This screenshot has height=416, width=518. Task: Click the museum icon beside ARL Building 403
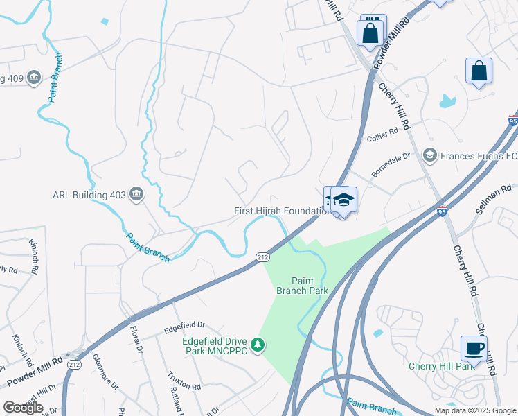[136, 194]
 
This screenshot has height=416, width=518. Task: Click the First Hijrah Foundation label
[279, 211]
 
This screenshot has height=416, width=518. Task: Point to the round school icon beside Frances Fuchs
[429, 155]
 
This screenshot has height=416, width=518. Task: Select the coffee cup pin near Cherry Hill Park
[474, 348]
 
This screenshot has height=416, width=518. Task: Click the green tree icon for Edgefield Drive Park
[258, 345]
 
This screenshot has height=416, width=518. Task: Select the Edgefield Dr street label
[185, 324]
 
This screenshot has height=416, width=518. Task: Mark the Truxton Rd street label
[184, 381]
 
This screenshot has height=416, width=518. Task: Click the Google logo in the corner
[23, 408]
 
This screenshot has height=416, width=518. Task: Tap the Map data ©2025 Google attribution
[474, 410]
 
